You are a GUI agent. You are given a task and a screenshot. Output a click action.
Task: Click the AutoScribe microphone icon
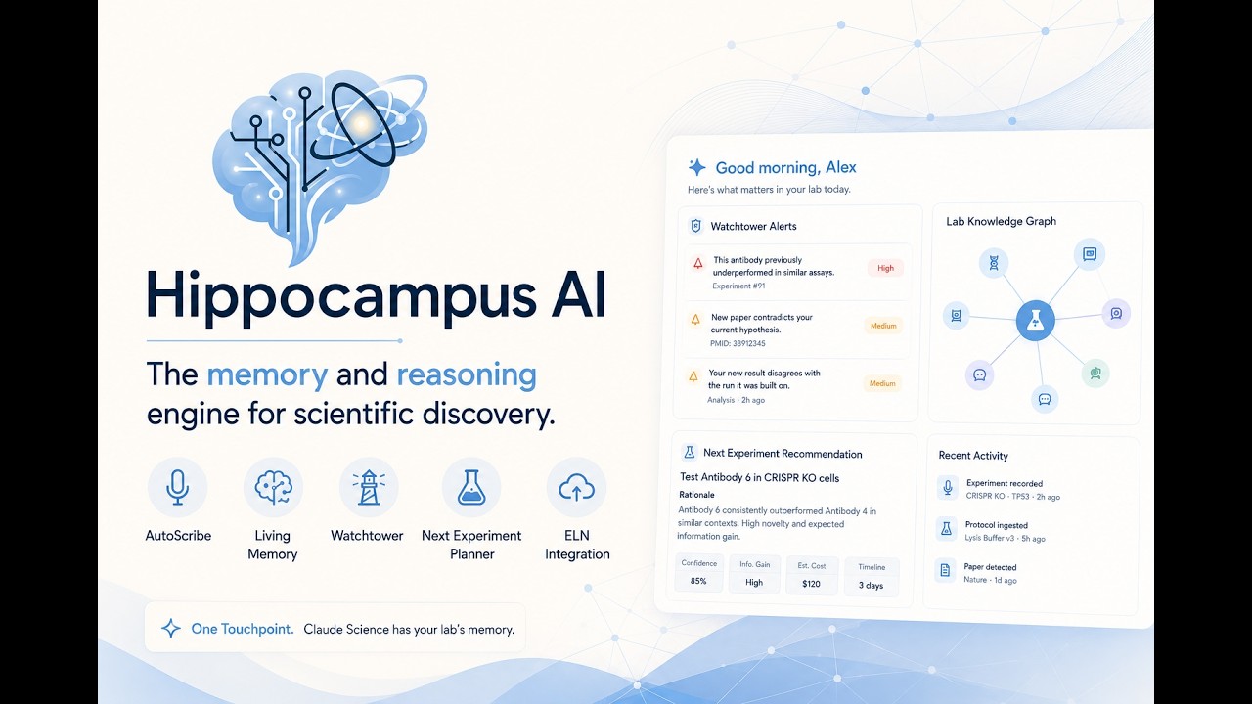[x=177, y=487]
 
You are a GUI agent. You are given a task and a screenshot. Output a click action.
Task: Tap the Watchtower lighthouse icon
[x=369, y=487]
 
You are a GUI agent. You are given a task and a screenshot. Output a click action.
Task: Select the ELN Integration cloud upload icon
[x=576, y=487]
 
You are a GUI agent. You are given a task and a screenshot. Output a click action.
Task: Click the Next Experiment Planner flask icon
[x=471, y=487]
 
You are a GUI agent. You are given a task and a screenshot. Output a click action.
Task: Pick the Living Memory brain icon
[x=273, y=487]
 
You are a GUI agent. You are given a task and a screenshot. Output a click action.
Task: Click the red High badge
[x=885, y=268]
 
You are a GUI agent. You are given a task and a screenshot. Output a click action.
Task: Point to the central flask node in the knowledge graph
[x=1035, y=320]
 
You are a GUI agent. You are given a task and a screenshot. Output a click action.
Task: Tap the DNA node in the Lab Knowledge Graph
[x=994, y=263]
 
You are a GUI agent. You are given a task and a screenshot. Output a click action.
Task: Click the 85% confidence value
[x=698, y=581]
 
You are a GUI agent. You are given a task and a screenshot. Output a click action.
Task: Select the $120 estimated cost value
[x=811, y=584]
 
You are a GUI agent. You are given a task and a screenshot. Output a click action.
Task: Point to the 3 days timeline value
[x=871, y=585]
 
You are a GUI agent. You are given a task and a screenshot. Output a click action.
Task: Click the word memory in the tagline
[x=267, y=374]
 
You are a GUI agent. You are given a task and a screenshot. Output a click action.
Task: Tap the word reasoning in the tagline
[x=467, y=375]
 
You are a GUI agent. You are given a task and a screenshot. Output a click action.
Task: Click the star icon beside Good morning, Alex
[x=696, y=167]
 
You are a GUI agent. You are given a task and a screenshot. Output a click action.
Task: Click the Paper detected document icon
[x=945, y=570]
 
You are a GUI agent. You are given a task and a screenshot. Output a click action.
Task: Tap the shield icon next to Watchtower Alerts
[x=695, y=226]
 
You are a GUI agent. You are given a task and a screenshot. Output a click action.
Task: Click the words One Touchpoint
[x=242, y=629]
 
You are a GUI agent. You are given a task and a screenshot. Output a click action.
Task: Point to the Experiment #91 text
[x=738, y=286]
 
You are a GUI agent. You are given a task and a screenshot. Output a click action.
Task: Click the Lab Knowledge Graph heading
[x=1001, y=221]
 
